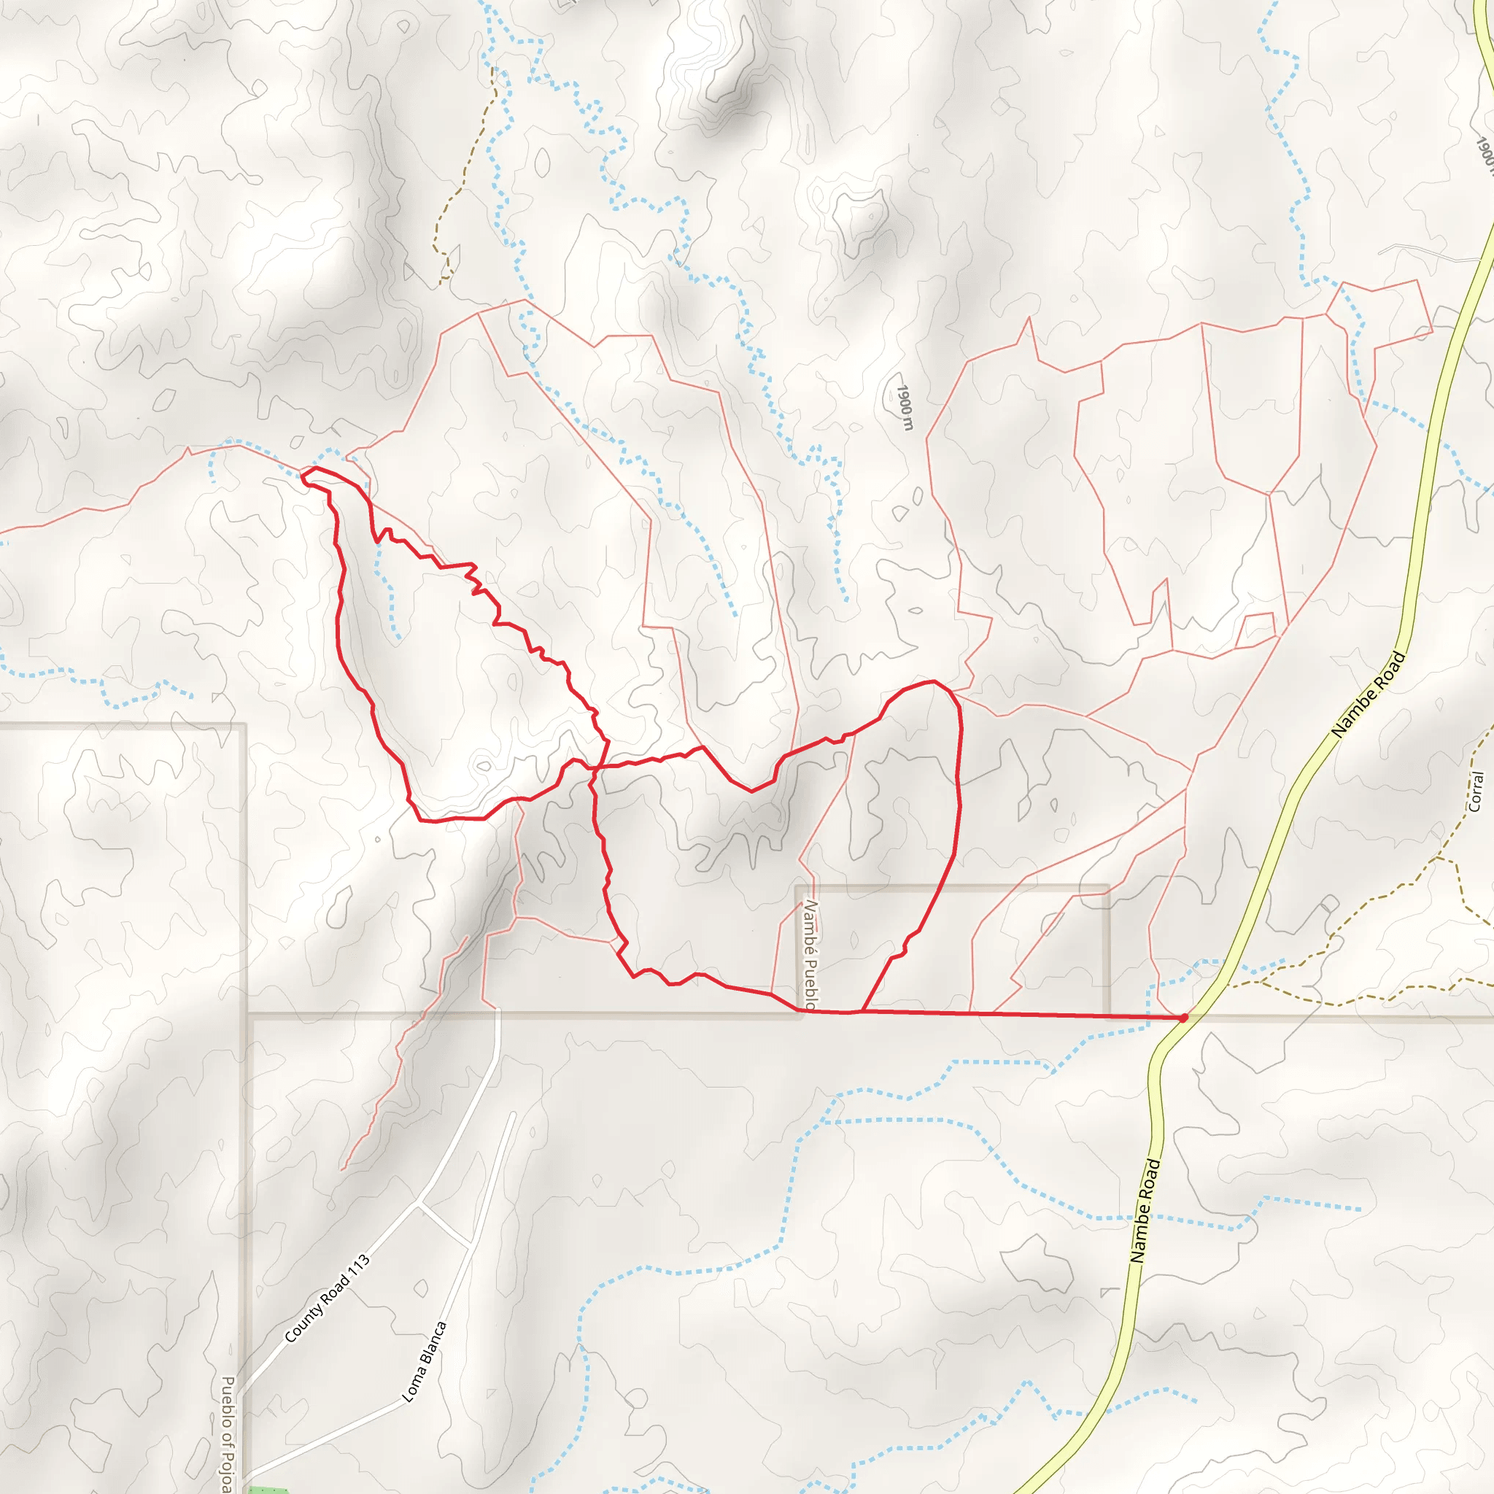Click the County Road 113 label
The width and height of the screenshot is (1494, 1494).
tap(327, 1298)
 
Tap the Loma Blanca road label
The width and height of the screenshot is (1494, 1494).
tap(425, 1361)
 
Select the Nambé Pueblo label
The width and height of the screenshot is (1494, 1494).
tap(810, 954)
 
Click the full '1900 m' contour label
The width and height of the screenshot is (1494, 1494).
tap(904, 408)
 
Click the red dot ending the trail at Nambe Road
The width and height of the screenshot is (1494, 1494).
tap(1183, 1018)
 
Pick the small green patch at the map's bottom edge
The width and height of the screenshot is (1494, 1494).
tap(267, 1490)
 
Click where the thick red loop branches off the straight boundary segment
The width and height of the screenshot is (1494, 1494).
tap(862, 1010)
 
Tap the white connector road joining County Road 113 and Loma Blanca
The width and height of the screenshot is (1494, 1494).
tap(445, 1224)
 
